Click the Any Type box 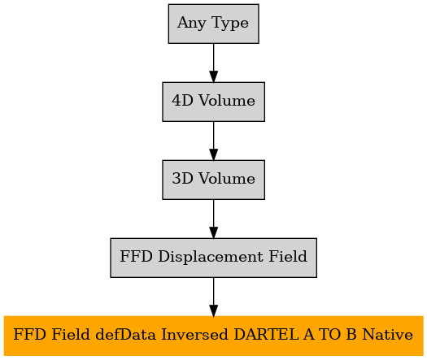213,24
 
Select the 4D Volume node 213,102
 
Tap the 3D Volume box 213,180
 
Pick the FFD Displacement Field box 213,258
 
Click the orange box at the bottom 213,336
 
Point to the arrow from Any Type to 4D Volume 213,63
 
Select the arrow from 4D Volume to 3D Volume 213,141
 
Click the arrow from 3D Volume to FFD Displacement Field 213,219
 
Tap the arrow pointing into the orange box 213,297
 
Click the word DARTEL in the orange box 266,335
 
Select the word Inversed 194,335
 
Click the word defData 125,335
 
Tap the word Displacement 211,257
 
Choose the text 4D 182,101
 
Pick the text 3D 182,179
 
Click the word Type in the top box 230,23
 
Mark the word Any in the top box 192,23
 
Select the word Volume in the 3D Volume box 227,179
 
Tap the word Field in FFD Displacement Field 288,256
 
